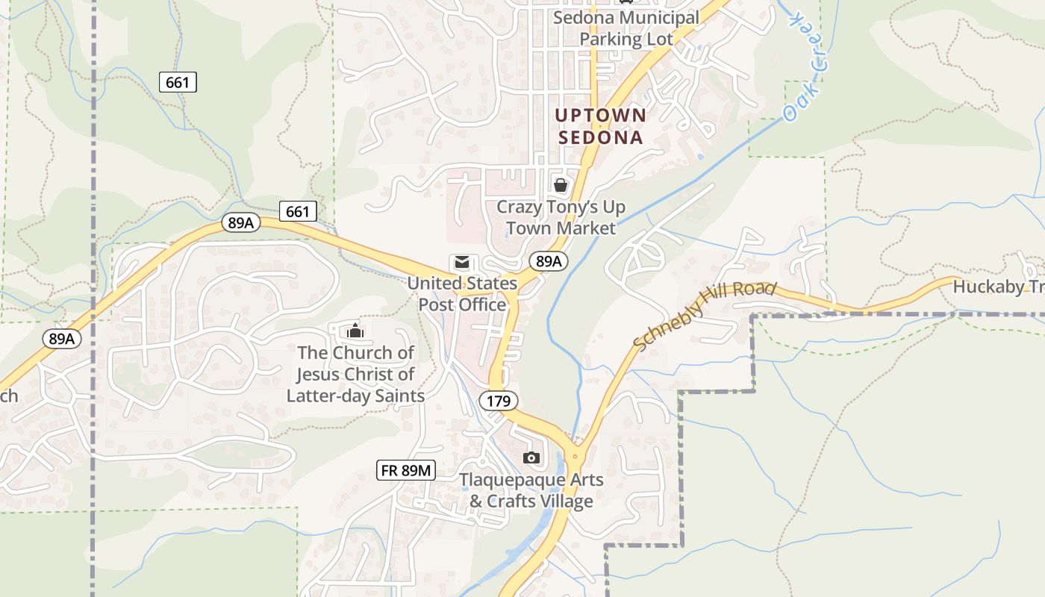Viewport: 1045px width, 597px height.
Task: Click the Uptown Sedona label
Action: [x=600, y=126]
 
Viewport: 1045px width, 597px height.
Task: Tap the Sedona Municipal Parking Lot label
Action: [x=626, y=28]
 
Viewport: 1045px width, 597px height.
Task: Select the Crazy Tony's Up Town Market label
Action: [x=561, y=217]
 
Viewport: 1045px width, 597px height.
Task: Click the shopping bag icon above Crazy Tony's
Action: [x=561, y=184]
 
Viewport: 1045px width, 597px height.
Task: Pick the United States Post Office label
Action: [x=462, y=294]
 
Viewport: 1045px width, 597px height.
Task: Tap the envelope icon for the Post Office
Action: [x=462, y=263]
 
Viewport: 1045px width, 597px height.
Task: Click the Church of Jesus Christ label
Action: [x=355, y=374]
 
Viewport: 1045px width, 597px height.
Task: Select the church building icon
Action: [x=355, y=330]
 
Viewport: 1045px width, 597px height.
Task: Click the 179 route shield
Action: [x=498, y=401]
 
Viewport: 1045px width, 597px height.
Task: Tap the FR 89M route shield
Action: [x=406, y=469]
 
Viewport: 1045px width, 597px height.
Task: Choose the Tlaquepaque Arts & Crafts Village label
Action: [x=531, y=490]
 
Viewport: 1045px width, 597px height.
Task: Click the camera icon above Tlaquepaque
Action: [x=531, y=457]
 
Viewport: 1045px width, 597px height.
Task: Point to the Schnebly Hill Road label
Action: [x=705, y=315]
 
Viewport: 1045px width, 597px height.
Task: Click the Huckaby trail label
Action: [x=999, y=287]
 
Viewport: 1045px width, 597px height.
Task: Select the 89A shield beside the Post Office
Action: [x=549, y=261]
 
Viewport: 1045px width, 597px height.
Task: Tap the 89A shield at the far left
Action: [x=62, y=339]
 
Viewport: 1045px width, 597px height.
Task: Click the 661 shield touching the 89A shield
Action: [x=297, y=212]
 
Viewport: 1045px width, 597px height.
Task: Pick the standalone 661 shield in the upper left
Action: [x=178, y=82]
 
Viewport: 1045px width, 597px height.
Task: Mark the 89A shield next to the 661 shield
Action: [x=240, y=222]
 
